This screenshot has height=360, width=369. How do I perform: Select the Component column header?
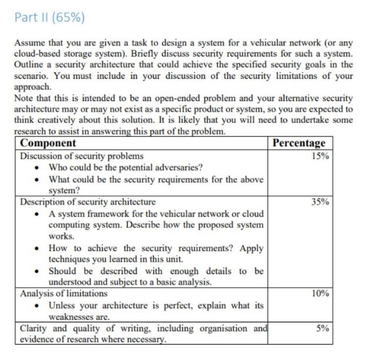(48, 143)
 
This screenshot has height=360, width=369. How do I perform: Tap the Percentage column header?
(298, 143)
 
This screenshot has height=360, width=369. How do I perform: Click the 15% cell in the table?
(321, 156)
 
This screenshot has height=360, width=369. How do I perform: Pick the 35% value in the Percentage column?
(321, 202)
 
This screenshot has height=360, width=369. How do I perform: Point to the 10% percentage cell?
(321, 294)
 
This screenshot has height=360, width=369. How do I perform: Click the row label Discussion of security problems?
(82, 156)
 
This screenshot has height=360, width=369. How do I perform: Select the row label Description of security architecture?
(88, 202)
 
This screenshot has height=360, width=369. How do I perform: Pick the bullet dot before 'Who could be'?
(38, 168)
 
